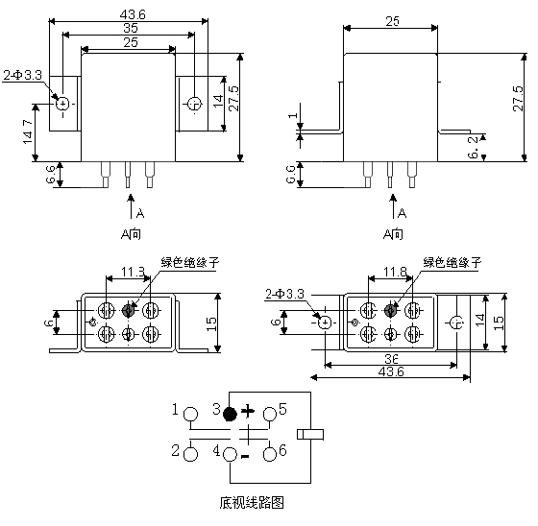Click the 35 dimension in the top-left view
coord(131,28)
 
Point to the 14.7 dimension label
coord(28,131)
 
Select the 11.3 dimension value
coord(134,273)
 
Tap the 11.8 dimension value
coord(395,273)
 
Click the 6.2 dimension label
coord(473,147)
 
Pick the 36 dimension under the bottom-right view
coord(391,359)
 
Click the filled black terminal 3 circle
coord(230,414)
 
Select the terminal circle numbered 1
coord(190,414)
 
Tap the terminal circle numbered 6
coord(270,455)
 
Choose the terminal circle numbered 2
coord(190,455)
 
